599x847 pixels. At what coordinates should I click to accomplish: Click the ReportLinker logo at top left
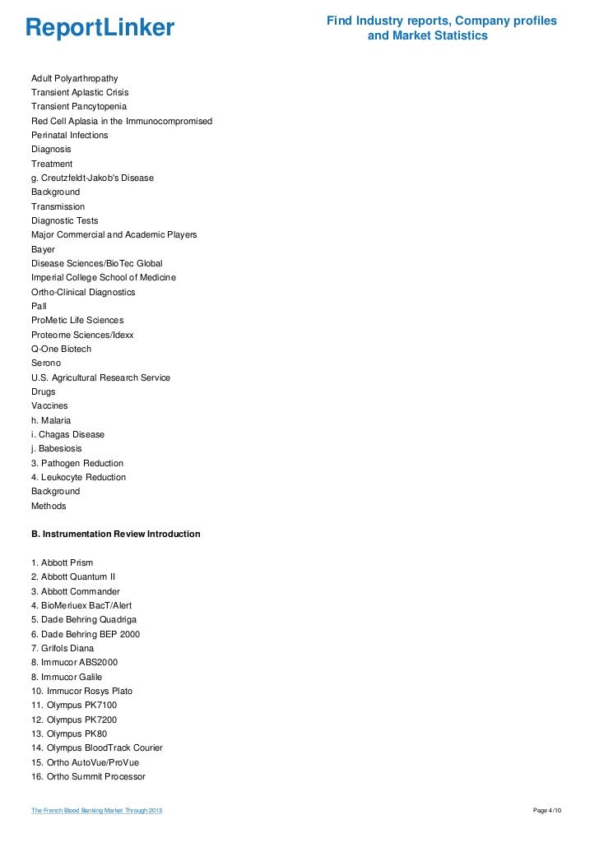[100, 28]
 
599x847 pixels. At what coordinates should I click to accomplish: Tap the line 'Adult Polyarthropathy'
[75, 78]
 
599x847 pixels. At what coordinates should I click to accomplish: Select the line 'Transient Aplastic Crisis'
[80, 92]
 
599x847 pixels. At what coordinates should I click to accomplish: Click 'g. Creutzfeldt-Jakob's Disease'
[92, 178]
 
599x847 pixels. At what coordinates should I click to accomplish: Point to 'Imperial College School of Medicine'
[104, 278]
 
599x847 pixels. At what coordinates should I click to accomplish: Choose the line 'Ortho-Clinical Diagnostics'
[83, 292]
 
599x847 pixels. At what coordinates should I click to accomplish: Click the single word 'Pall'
[39, 306]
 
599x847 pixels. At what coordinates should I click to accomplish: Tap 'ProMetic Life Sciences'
[77, 320]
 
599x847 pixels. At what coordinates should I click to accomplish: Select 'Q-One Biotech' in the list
[62, 349]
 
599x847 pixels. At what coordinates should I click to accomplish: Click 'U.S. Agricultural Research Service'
[100, 377]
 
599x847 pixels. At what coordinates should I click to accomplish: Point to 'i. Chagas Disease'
[67, 434]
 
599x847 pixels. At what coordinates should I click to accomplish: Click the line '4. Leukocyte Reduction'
[78, 477]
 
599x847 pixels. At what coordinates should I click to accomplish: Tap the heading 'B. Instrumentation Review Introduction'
[115, 534]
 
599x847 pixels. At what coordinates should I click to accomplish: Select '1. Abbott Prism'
[62, 562]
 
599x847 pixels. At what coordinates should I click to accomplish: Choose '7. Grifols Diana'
[63, 648]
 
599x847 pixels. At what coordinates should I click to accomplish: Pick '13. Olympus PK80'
[69, 734]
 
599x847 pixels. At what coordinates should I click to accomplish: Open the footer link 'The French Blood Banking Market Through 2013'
[97, 811]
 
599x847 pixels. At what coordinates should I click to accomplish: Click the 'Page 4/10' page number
[547, 811]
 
